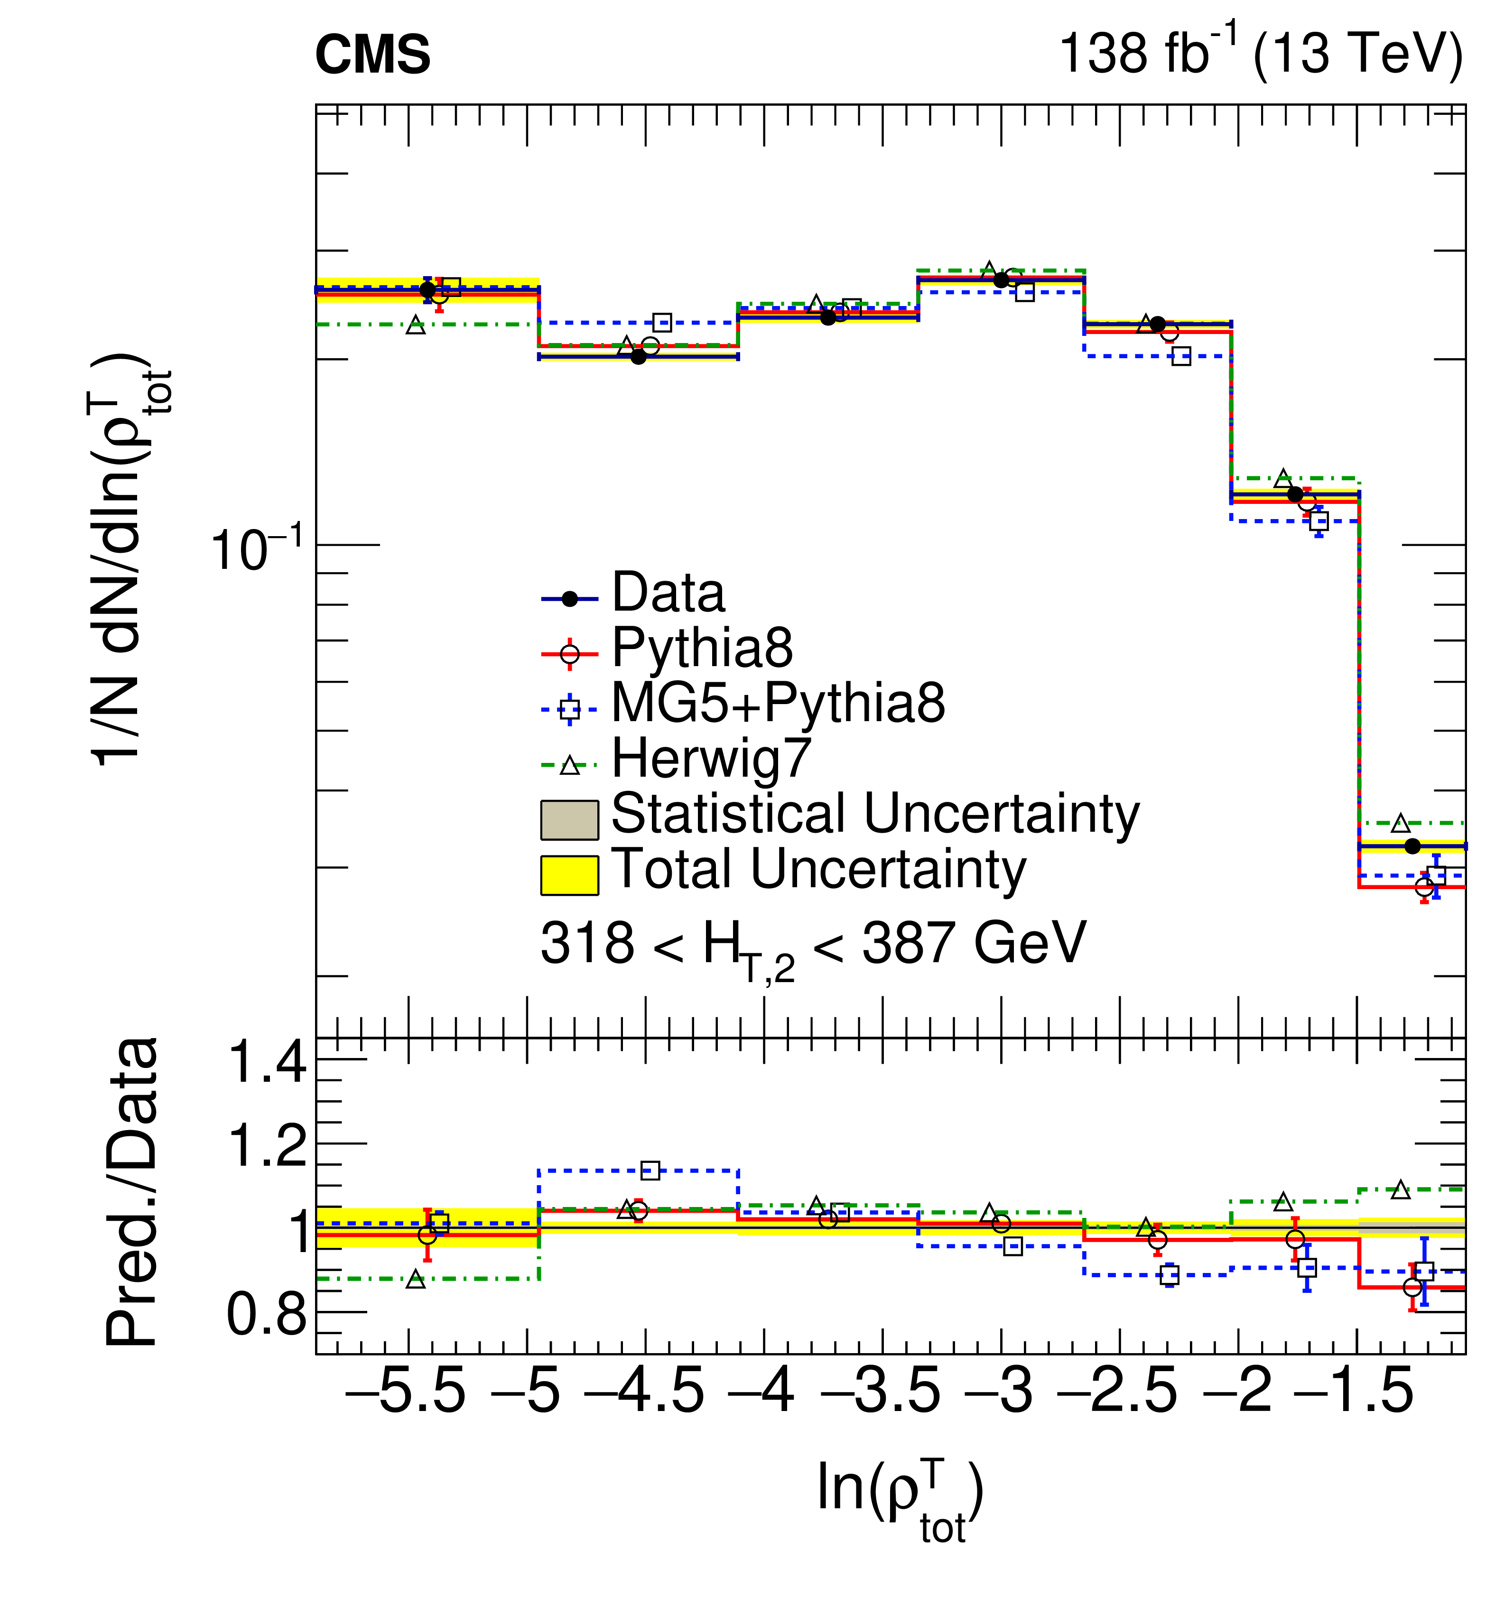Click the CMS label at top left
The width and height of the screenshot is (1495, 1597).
coord(372,56)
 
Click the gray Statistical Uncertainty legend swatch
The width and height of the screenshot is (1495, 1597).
coord(569,819)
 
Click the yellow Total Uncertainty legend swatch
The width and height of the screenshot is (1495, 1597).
coord(569,875)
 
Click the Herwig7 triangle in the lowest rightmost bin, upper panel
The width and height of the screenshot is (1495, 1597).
coord(1400,823)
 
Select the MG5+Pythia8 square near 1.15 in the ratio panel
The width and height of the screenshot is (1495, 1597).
coord(650,1170)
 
